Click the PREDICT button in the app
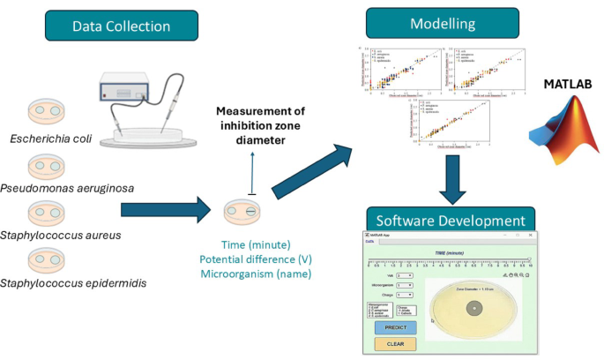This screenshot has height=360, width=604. click(x=395, y=327)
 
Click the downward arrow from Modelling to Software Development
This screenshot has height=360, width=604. click(x=451, y=179)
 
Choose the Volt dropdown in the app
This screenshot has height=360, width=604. click(x=405, y=275)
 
